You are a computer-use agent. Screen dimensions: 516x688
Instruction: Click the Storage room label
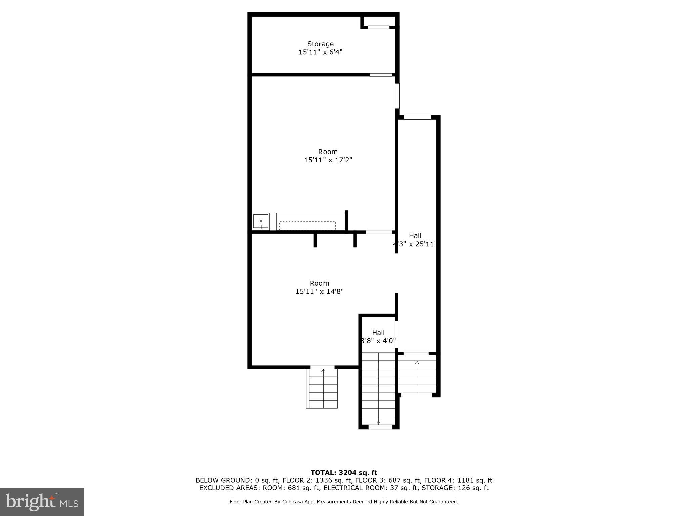pos(320,44)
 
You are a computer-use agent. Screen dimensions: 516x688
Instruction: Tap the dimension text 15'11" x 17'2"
pos(328,160)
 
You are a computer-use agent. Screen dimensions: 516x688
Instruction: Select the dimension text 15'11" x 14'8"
pos(319,291)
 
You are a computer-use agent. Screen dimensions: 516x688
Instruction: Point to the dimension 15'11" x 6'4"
pos(320,52)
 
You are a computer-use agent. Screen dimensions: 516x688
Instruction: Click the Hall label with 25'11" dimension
pos(415,236)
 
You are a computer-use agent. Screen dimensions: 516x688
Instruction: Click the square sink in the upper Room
pos(261,221)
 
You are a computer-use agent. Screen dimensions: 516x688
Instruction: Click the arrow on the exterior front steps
pos(323,371)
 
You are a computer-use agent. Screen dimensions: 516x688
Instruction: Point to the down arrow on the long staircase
pos(378,422)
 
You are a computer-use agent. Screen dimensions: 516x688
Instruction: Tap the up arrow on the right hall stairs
pos(417,363)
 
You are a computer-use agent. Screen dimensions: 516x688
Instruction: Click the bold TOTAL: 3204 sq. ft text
pos(344,473)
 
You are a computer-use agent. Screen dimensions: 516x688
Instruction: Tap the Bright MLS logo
pos(42,502)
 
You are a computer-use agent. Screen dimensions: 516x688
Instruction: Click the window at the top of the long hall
pos(417,117)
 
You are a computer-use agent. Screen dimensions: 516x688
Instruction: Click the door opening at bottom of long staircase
pos(380,427)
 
